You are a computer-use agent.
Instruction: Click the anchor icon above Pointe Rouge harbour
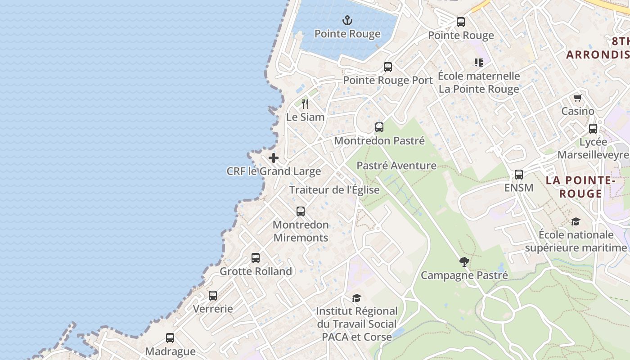(x=347, y=20)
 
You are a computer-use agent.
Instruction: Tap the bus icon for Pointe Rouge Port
(x=388, y=67)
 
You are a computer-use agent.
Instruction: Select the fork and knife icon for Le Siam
(x=305, y=104)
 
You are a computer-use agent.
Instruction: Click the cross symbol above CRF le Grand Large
(x=273, y=158)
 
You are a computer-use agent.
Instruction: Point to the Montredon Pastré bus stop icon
(x=379, y=127)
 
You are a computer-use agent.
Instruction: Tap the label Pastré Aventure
(x=396, y=166)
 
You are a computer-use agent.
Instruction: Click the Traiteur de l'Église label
(x=334, y=190)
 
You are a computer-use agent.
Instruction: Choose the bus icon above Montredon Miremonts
(x=301, y=211)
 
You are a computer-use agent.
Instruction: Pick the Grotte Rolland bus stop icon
(x=256, y=258)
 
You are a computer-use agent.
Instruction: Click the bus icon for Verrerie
(x=213, y=296)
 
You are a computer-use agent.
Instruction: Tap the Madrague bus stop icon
(x=170, y=338)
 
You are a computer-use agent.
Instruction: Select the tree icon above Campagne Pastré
(x=464, y=262)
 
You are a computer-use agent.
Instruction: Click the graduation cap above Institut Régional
(x=356, y=298)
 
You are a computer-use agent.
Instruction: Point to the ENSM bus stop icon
(x=519, y=175)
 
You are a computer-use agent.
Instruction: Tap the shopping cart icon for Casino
(x=577, y=98)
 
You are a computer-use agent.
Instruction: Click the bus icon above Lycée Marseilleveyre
(x=593, y=129)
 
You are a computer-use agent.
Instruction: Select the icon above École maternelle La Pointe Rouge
(x=478, y=63)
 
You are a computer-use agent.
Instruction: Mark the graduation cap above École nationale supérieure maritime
(x=576, y=221)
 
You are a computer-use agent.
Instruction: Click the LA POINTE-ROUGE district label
(x=580, y=187)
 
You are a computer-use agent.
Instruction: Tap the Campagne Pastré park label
(x=464, y=275)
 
